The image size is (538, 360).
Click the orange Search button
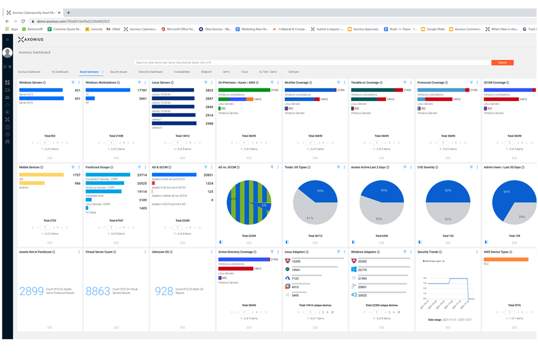pos(502,63)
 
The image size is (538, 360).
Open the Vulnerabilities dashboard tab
pos(182,72)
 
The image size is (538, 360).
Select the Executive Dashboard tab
pos(151,72)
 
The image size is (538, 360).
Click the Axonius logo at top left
pos(31,40)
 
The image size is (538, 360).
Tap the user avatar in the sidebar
pos(8,53)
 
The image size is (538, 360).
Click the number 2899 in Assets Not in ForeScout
pos(32,291)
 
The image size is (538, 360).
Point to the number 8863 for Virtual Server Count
pos(98,291)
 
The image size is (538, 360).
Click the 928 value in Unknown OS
pos(164,291)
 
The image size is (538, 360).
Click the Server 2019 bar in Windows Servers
pos(41,90)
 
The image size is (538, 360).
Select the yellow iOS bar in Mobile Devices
pos(41,175)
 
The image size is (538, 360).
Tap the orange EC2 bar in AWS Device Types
pos(506,259)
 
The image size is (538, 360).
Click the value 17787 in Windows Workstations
pos(142,90)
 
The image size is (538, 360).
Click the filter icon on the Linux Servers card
pos(206,83)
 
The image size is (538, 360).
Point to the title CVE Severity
pos(426,167)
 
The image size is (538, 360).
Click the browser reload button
pos(23,21)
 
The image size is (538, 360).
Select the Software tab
pos(293,72)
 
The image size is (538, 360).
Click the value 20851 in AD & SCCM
pos(208,175)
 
